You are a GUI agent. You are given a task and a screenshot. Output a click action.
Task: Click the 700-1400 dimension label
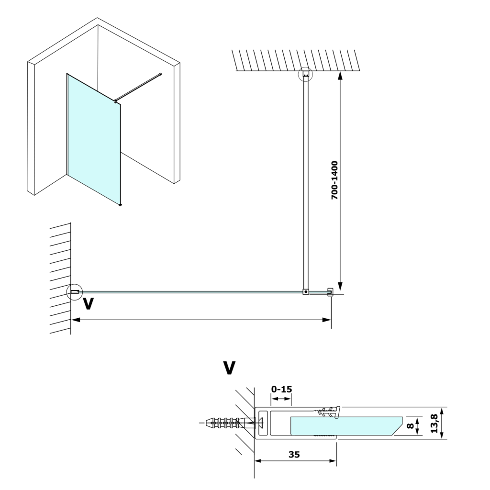[334, 180]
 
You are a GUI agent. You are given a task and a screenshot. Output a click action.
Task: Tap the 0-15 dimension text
[281, 390]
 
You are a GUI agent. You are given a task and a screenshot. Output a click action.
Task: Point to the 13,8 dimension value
[434, 423]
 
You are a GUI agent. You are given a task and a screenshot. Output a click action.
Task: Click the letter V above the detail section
[229, 368]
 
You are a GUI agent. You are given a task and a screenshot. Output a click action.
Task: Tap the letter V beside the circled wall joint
[88, 303]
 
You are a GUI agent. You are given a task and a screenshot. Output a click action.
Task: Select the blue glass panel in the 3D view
[94, 139]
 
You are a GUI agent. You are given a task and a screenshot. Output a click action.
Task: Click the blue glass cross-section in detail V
[345, 425]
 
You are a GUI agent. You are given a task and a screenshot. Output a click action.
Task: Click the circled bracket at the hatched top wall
[305, 75]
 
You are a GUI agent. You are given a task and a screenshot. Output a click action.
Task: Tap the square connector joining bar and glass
[305, 291]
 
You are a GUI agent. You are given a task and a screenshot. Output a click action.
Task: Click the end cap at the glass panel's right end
[330, 291]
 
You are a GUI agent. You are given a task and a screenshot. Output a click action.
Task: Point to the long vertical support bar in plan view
[305, 182]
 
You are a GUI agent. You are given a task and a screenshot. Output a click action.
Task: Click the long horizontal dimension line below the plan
[201, 319]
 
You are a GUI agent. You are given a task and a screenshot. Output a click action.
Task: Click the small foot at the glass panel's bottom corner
[120, 205]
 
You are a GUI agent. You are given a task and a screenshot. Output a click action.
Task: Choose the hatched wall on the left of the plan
[60, 278]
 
